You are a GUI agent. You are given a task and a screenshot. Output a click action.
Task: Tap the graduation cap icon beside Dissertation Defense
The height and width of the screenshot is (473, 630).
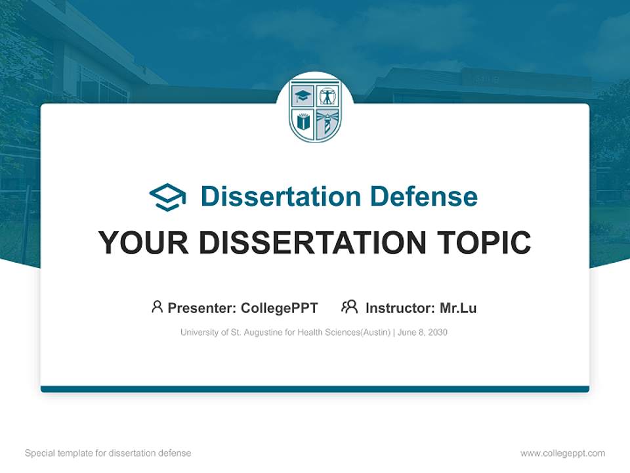(167, 197)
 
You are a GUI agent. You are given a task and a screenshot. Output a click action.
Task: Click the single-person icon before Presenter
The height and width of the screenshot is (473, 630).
(157, 307)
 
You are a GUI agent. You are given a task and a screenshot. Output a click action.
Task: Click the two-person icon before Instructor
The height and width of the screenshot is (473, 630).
(349, 307)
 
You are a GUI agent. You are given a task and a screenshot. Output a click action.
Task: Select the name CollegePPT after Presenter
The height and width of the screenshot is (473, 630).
(280, 308)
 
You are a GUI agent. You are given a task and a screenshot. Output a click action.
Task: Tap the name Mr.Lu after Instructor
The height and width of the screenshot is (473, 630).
(458, 308)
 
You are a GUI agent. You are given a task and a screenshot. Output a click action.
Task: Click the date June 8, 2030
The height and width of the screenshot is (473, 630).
(423, 332)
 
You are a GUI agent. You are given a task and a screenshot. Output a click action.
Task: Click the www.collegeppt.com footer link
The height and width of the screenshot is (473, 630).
(562, 453)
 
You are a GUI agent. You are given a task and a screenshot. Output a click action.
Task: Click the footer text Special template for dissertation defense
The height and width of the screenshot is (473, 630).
(108, 453)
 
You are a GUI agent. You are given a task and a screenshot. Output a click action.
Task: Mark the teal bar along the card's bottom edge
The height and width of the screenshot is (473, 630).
(315, 389)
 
